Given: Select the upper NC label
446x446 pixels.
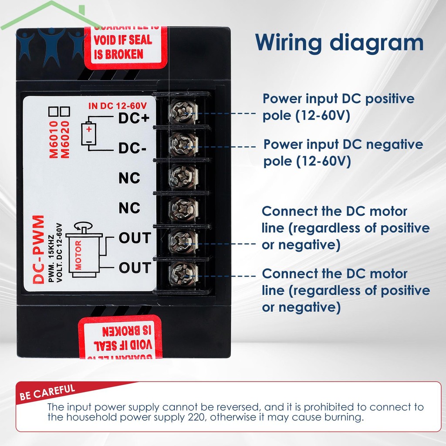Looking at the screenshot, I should pos(129,178).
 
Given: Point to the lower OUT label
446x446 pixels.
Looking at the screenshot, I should pos(135,267).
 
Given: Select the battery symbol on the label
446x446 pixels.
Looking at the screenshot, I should pos(89,134).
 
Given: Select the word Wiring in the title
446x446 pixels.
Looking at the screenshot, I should pos(289,43).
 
